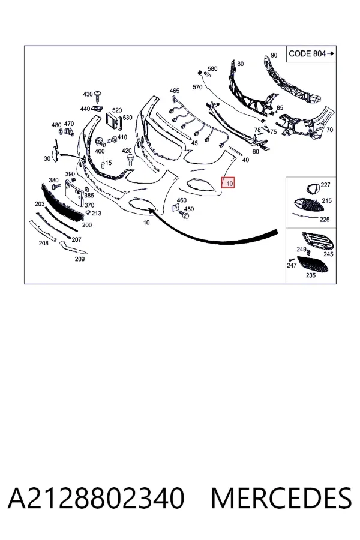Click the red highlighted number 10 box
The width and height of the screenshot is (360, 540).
(229, 182)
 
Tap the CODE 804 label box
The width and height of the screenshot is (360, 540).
(311, 54)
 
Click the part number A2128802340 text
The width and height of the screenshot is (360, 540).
(96, 498)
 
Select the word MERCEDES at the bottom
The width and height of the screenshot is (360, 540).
(281, 498)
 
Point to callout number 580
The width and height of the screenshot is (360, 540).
(212, 69)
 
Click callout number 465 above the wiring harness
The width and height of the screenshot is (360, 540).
(175, 91)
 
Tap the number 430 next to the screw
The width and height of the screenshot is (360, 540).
(88, 94)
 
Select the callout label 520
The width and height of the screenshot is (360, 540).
(117, 110)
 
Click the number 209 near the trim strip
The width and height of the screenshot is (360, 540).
(80, 259)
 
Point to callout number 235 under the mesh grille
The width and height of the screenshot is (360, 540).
(311, 275)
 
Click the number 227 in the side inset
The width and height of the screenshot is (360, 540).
(326, 185)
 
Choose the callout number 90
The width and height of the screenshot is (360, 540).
(274, 55)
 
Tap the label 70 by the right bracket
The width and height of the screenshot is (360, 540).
(329, 130)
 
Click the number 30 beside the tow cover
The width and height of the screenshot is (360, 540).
(47, 158)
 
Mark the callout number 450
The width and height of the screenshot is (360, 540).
(189, 209)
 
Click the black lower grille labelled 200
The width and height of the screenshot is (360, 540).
(62, 203)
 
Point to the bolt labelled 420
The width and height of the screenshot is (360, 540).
(131, 160)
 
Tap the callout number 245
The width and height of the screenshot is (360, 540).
(328, 254)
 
